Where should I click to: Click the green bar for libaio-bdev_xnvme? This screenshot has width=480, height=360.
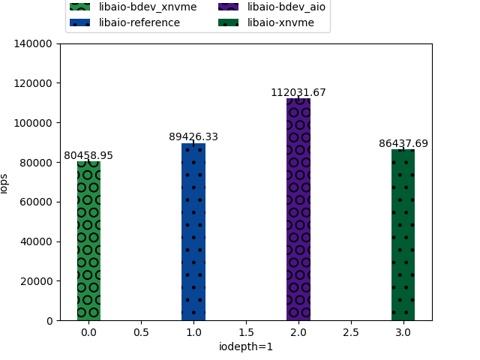point(88,241)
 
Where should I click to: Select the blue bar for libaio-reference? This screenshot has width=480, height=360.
point(193,232)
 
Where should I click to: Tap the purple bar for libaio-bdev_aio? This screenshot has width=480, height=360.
point(298,209)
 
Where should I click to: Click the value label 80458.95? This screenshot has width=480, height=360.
point(88,156)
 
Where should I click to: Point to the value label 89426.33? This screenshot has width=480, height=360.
point(193,137)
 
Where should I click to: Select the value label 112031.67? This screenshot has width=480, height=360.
point(298,93)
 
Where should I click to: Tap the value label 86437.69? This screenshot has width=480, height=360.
point(403,143)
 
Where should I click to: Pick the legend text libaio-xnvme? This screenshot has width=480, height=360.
point(280,22)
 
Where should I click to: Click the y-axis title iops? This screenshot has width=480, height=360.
point(4,182)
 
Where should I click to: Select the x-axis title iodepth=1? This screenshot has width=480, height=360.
point(246,346)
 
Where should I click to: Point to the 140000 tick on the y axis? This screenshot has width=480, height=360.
point(35,43)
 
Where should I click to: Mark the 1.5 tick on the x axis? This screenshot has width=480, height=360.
point(246,331)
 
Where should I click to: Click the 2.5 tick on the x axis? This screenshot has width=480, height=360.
point(350,331)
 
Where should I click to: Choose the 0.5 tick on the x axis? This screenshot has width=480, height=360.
point(141,331)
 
